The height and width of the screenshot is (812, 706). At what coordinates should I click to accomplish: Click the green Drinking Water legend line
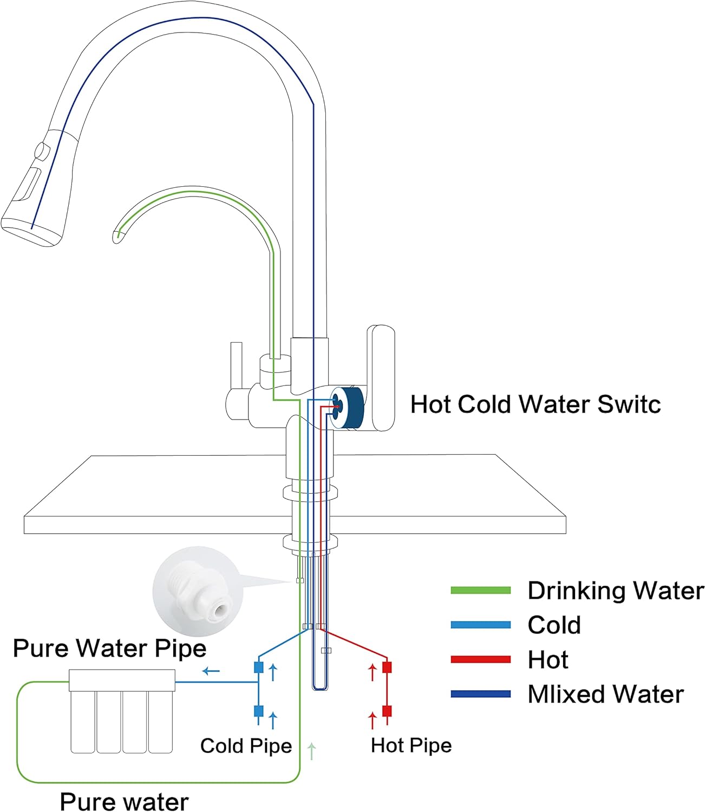pos(480,591)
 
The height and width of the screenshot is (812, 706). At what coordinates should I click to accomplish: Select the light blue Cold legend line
pos(480,625)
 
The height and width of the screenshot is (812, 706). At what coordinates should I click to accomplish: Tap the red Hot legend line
pos(480,659)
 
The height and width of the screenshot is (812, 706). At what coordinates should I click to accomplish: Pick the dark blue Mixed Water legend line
pos(480,694)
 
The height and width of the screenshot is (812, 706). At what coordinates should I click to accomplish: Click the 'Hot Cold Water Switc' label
pos(535,404)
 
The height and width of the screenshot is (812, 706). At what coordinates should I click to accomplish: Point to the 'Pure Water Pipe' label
pos(109,649)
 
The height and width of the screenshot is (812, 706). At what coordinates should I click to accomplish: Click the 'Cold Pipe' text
pos(246,746)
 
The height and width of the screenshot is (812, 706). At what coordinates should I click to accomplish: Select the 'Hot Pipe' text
pos(411,745)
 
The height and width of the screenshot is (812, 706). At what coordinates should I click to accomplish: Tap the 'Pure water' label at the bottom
pos(124,801)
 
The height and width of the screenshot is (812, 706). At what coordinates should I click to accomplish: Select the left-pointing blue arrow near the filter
pos(211,672)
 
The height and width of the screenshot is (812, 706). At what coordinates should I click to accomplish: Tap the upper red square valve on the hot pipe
pos(387,667)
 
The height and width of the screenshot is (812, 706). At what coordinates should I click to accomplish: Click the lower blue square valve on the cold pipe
pos(259,711)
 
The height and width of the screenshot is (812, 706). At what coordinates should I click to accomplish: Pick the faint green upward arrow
pos(311,751)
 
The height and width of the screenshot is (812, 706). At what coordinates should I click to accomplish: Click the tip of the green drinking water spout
pos(118,235)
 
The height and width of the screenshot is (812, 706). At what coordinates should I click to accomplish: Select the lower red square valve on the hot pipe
pos(387,711)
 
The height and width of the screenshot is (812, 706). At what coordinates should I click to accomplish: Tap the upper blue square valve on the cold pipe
pos(259,667)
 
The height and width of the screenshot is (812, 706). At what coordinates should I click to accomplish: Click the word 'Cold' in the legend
pos(554,625)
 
